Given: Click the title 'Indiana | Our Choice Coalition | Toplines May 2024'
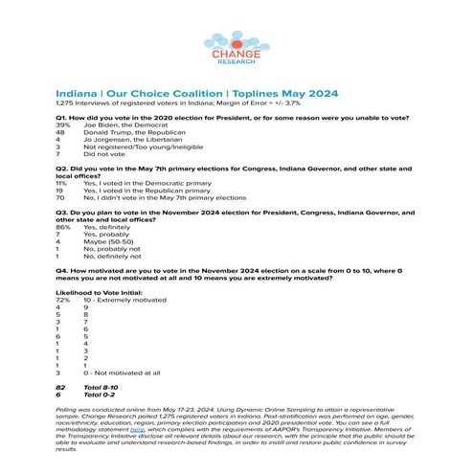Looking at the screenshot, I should pyautogui.click(x=192, y=93).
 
